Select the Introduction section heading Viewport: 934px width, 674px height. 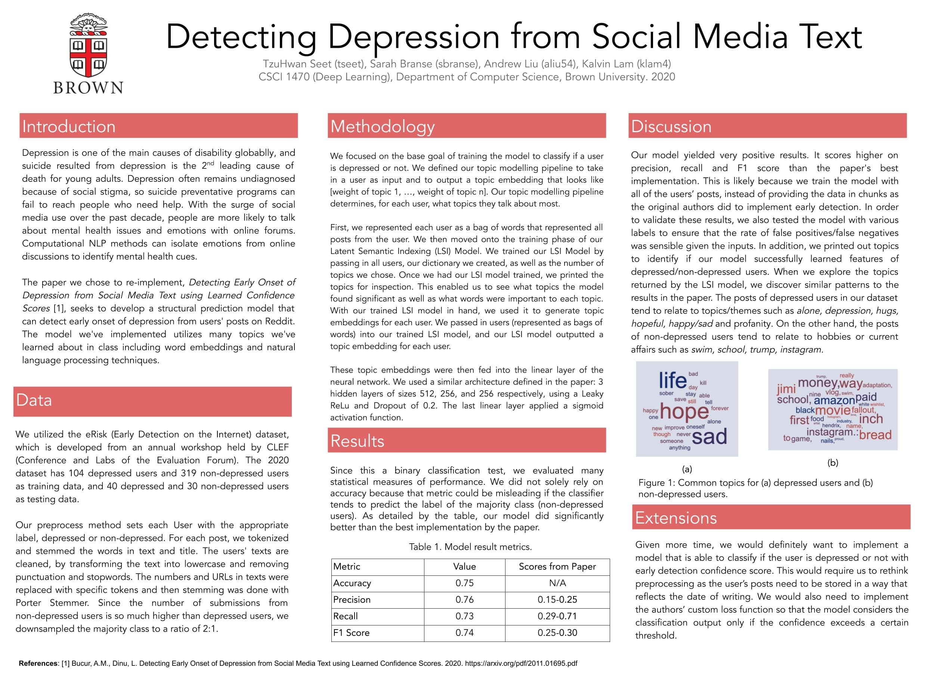(69, 127)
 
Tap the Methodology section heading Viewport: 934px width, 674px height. (382, 127)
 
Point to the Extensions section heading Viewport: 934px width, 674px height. (676, 518)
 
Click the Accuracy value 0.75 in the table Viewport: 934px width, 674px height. (464, 583)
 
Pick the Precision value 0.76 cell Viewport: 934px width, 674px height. (464, 599)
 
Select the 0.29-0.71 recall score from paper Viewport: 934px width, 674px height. (557, 616)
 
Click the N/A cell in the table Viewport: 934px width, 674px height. (557, 583)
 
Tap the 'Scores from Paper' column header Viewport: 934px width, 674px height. (557, 566)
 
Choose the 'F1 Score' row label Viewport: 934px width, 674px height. (351, 633)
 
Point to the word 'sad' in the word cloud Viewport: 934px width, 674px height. (709, 437)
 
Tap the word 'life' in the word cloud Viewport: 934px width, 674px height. (672, 380)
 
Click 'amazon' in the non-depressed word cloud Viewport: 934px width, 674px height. (834, 400)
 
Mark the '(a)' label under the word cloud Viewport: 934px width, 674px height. (687, 469)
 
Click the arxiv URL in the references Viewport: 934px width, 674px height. (521, 663)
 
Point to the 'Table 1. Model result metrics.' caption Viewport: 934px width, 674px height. (470, 547)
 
